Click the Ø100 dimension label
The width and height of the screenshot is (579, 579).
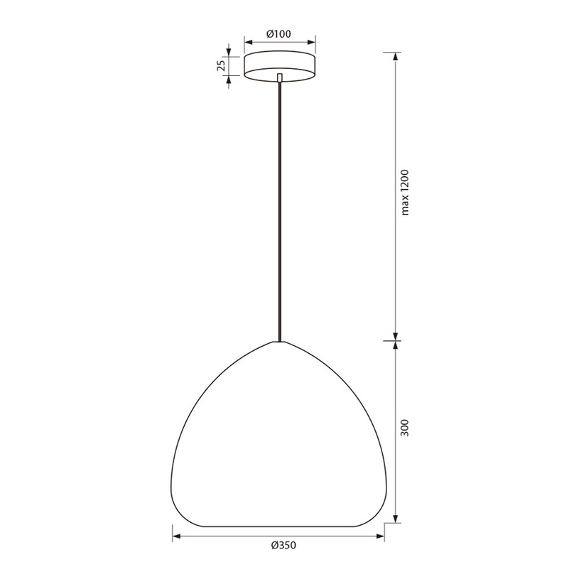pyautogui.click(x=278, y=34)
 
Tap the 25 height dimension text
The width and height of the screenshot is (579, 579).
pyautogui.click(x=221, y=66)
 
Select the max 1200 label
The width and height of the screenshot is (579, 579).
pyautogui.click(x=405, y=193)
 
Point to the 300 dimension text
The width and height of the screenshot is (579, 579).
pyautogui.click(x=405, y=428)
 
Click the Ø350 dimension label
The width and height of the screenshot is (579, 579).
pyautogui.click(x=283, y=546)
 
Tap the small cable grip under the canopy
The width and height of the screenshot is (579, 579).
pyautogui.click(x=279, y=77)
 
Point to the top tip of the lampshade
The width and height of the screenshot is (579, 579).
pyautogui.click(x=279, y=342)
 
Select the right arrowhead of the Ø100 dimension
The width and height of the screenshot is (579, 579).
pyautogui.click(x=311, y=42)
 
